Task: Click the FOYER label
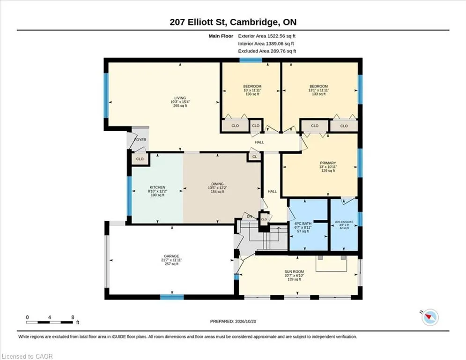pyautogui.click(x=141, y=140)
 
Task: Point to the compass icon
pyautogui.click(x=430, y=317)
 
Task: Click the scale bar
pyautogui.click(x=50, y=322)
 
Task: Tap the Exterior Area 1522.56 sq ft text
pyautogui.click(x=266, y=36)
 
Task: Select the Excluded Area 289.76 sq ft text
pyautogui.click(x=267, y=51)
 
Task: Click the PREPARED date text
pyautogui.click(x=233, y=321)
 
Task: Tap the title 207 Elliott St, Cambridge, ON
pyautogui.click(x=233, y=22)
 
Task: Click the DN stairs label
pyautogui.click(x=250, y=217)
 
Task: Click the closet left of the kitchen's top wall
pyautogui.click(x=140, y=159)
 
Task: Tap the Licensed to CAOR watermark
pyautogui.click(x=27, y=356)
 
